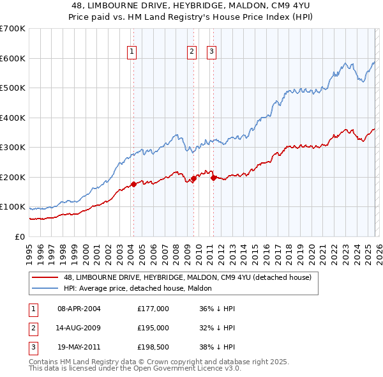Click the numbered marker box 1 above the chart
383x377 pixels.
coord(132,52)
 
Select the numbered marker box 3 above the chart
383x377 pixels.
coord(212,52)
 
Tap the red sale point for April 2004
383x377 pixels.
coord(133,184)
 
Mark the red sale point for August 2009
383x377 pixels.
coord(193,179)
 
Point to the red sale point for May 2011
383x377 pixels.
coord(213,178)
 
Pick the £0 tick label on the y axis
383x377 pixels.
coord(20,236)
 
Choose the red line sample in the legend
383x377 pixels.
coord(45,277)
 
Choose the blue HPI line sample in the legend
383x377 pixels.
coord(45,288)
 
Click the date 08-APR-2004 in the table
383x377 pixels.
coord(79,309)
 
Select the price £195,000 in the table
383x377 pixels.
coord(153,328)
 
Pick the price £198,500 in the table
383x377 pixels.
coord(153,347)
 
